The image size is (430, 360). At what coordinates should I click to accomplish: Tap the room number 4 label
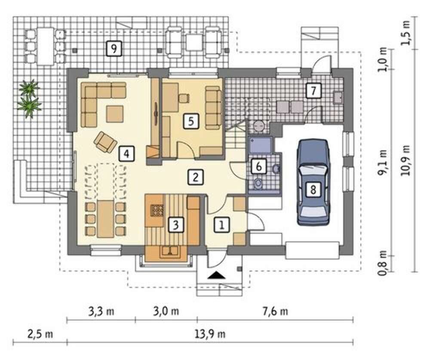pyautogui.click(x=126, y=153)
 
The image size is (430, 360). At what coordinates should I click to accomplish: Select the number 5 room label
pyautogui.click(x=191, y=121)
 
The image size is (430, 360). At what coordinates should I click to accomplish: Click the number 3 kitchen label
pyautogui.click(x=176, y=225)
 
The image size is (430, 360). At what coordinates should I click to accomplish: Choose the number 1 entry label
pyautogui.click(x=222, y=225)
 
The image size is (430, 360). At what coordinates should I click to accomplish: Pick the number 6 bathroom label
pyautogui.click(x=259, y=166)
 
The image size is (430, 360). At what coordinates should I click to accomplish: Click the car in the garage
pyautogui.click(x=313, y=182)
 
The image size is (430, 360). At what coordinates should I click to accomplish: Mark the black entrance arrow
pyautogui.click(x=217, y=275)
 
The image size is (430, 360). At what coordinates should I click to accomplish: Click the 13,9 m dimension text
pyautogui.click(x=210, y=334)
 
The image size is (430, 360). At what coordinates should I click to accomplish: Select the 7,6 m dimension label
pyautogui.click(x=275, y=311)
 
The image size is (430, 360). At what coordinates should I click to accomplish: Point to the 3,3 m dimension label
pyautogui.click(x=101, y=311)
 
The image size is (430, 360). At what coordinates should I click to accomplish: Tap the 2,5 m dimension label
pyautogui.click(x=40, y=334)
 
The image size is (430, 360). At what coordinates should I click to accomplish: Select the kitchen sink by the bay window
pyautogui.click(x=170, y=251)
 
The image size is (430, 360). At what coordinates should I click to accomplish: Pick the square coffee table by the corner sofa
pyautogui.click(x=115, y=114)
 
